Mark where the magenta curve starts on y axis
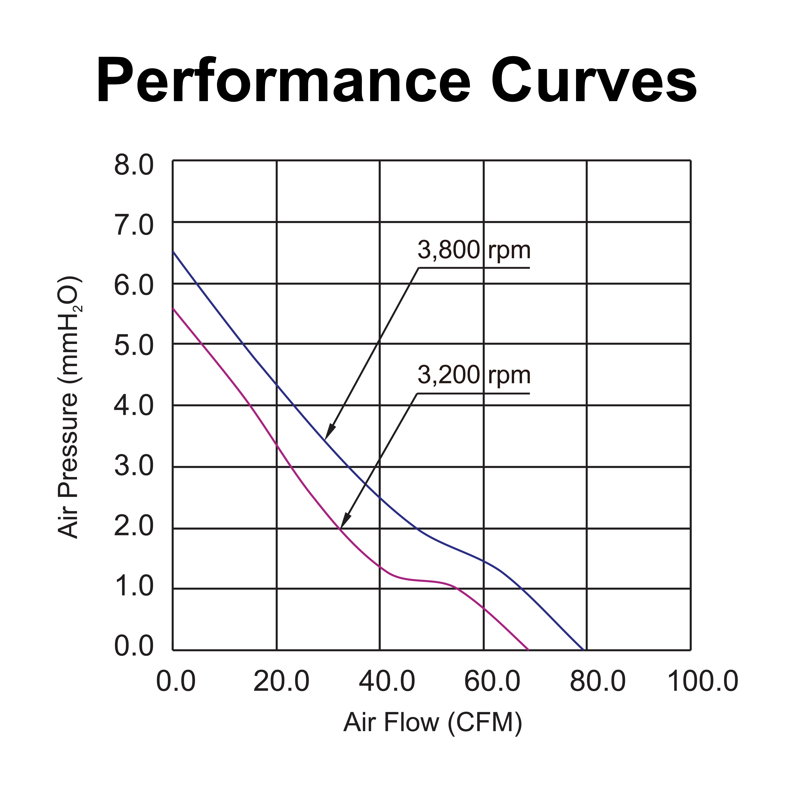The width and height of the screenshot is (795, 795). point(173,308)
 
